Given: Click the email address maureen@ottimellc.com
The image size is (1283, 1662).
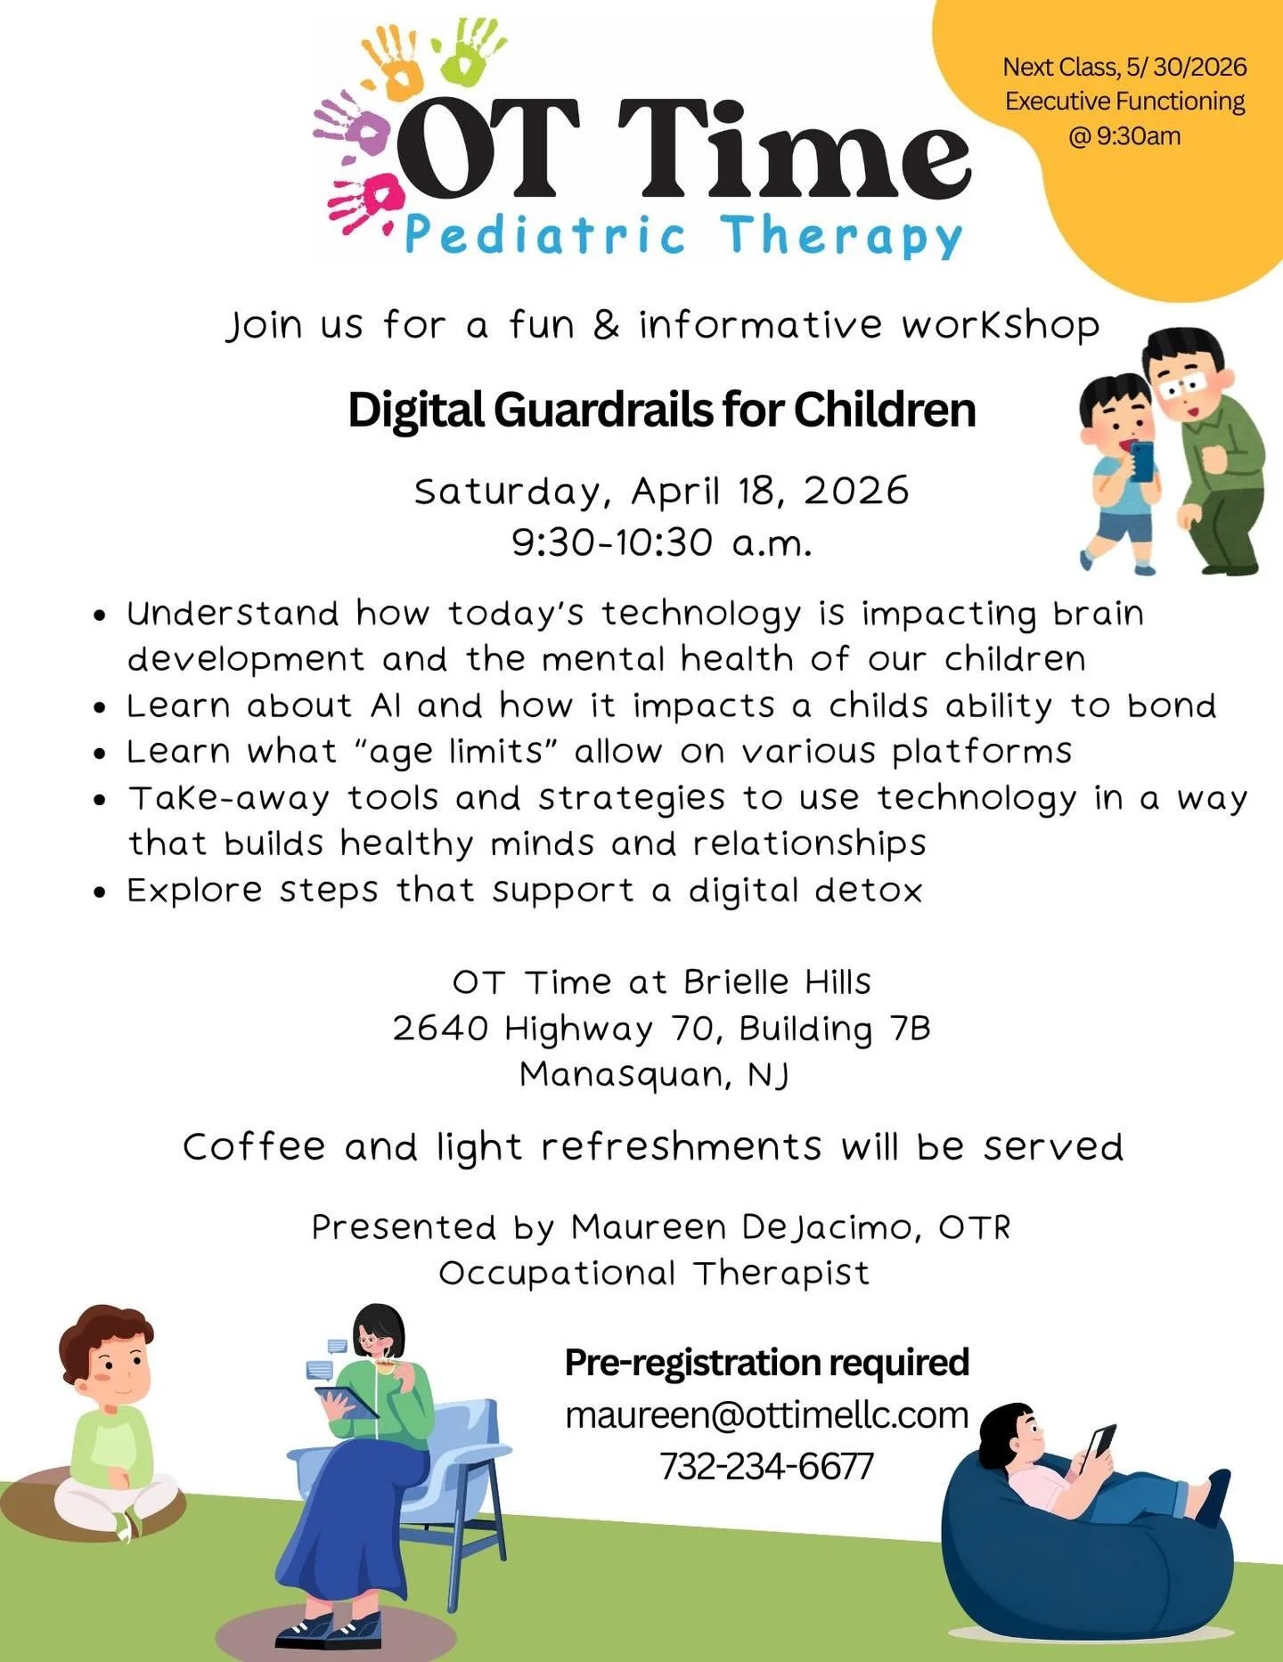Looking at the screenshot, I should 766,1415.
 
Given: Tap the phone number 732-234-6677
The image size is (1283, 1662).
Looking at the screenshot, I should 766,1466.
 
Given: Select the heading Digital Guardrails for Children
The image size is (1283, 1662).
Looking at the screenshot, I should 661,411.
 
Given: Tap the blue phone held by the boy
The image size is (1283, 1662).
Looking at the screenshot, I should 1141,460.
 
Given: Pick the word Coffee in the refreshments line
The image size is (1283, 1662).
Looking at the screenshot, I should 254,1147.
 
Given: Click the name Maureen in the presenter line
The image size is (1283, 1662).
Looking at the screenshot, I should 649,1227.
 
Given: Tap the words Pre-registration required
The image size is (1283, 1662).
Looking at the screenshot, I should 766,1363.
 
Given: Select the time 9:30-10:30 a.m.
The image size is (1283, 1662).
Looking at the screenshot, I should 661,542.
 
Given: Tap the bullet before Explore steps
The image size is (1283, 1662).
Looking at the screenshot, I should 102,892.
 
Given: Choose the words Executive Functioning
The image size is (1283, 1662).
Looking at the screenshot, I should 1124,102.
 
